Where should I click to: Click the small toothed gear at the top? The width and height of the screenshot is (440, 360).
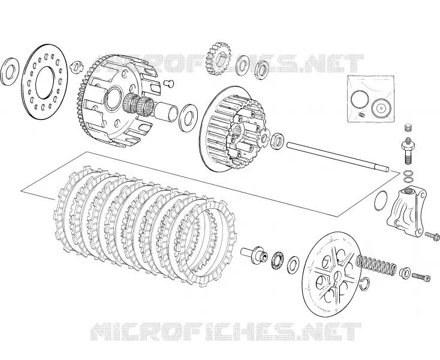218,59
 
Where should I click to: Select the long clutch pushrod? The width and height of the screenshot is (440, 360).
338,157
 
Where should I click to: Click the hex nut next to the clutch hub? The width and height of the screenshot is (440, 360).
278,140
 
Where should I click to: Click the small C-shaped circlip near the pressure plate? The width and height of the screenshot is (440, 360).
365,283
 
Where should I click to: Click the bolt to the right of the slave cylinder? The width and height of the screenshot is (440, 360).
432,235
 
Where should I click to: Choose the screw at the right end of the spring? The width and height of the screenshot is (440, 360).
421,277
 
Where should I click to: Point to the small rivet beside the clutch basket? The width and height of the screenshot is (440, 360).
168,83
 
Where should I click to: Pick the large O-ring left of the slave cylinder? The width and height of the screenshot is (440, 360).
381,200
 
